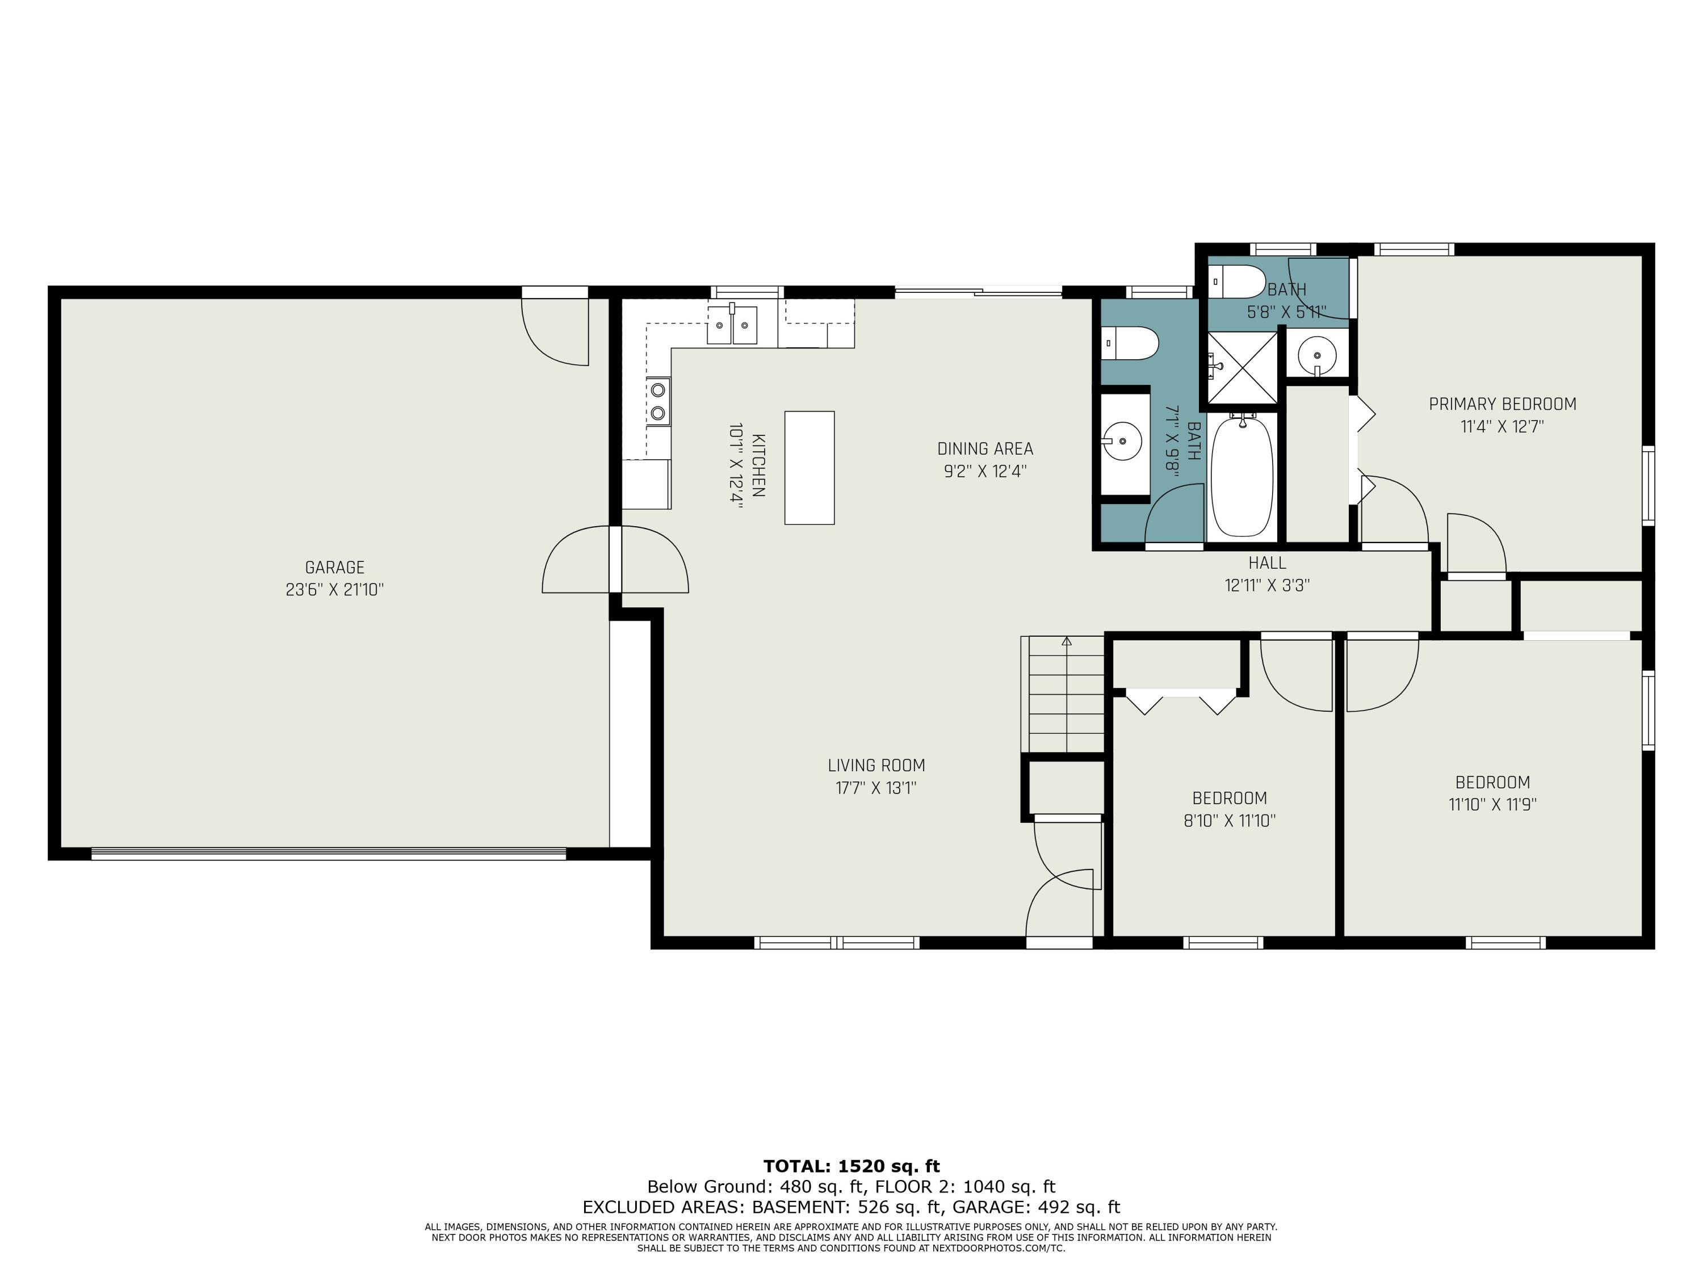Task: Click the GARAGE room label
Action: coord(334,568)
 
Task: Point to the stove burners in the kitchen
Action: coord(658,401)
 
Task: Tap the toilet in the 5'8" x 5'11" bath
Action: coord(1236,282)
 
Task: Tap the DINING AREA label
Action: coord(985,449)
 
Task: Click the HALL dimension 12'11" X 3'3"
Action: coord(1267,585)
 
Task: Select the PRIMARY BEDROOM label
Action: coord(1502,404)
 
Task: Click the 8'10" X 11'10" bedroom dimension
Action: coord(1230,821)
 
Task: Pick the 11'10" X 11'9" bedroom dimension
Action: coord(1492,804)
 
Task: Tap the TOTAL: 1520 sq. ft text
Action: coord(851,1166)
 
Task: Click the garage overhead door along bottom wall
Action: coord(329,853)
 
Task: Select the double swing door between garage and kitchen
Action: coord(615,560)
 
